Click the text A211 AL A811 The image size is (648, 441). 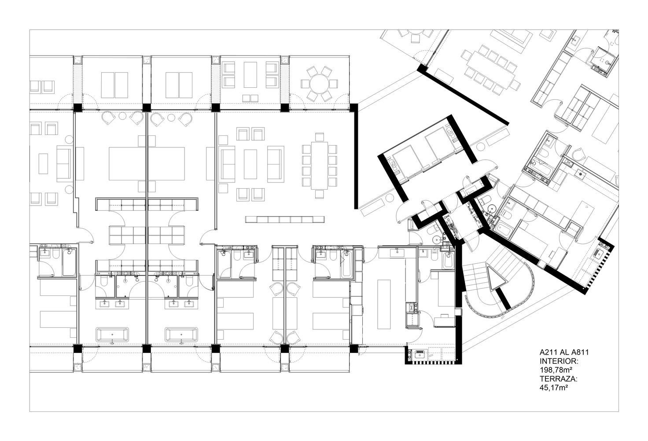point(564,352)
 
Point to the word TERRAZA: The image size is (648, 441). point(559,378)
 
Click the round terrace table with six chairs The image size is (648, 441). point(319,84)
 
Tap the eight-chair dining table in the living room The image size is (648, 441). point(319,165)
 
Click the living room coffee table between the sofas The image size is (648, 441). point(250,164)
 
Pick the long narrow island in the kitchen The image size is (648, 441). point(384,303)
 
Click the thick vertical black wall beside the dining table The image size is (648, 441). point(356,157)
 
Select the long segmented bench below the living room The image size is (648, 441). point(285,219)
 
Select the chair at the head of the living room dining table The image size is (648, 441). point(319,136)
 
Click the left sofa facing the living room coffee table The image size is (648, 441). point(228,164)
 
